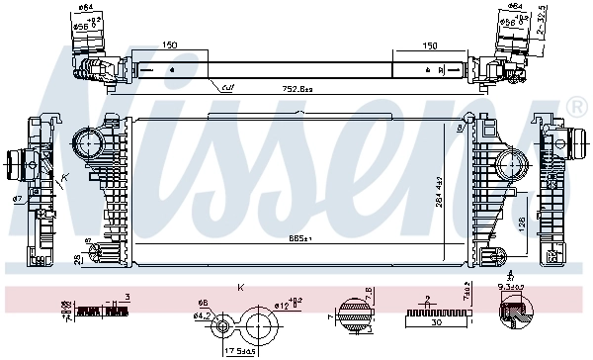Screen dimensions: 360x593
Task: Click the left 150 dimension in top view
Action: pos(170,45)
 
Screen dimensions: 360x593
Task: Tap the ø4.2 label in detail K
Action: pos(201,316)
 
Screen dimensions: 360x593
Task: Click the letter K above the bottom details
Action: pos(240,288)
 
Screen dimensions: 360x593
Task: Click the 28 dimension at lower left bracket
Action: pos(78,259)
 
